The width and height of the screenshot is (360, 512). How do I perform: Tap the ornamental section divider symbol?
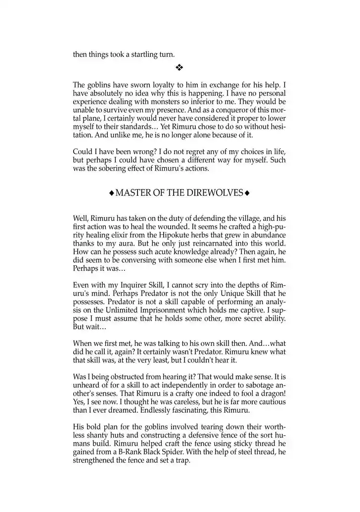coord(180,67)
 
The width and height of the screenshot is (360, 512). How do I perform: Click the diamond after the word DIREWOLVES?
coord(246,192)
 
